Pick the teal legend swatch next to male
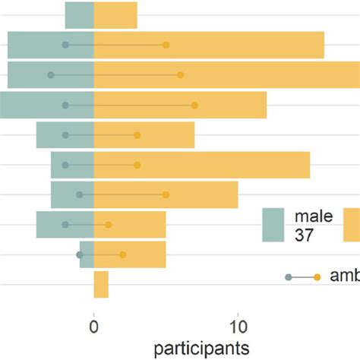point(273,225)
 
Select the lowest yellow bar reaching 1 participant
point(101,285)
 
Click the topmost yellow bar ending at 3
point(115,15)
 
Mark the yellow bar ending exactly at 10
point(166,194)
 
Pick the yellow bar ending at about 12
point(180,105)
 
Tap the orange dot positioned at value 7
point(194,105)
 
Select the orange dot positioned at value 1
point(108,225)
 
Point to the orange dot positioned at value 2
point(122,254)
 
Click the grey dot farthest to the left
point(51,75)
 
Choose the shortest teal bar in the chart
point(87,254)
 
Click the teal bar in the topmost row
point(79,15)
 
